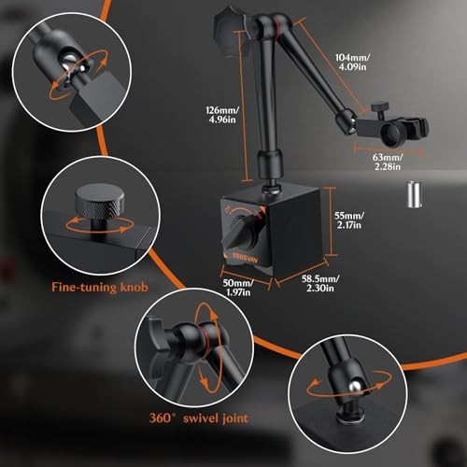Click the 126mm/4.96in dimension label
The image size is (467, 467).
pyautogui.click(x=222, y=115)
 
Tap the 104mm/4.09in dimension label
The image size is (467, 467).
pyautogui.click(x=352, y=63)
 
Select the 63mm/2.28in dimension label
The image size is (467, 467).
pyautogui.click(x=388, y=162)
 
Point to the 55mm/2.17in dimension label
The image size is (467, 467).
pyautogui.click(x=349, y=220)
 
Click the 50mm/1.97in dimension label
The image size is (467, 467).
pyautogui.click(x=238, y=288)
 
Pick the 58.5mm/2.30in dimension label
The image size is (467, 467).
pyautogui.click(x=320, y=283)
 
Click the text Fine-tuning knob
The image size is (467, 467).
pyautogui.click(x=100, y=287)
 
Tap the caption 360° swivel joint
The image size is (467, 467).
pyautogui.click(x=199, y=417)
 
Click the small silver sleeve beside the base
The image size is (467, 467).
pyautogui.click(x=415, y=194)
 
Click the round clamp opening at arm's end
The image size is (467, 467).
pyautogui.click(x=391, y=134)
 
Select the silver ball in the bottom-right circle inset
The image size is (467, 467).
pyautogui.click(x=354, y=387)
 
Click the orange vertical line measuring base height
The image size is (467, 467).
pyautogui.click(x=331, y=221)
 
